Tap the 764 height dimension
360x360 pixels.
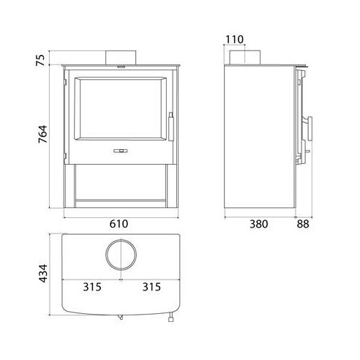click(x=43, y=134)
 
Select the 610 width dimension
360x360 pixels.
click(x=119, y=224)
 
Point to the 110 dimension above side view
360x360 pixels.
click(x=234, y=40)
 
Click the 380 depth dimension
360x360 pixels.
click(x=258, y=224)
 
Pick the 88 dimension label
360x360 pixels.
click(x=303, y=224)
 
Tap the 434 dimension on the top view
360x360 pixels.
click(x=43, y=273)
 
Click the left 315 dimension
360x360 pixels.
click(x=92, y=287)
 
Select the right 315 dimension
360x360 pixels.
click(x=151, y=287)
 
